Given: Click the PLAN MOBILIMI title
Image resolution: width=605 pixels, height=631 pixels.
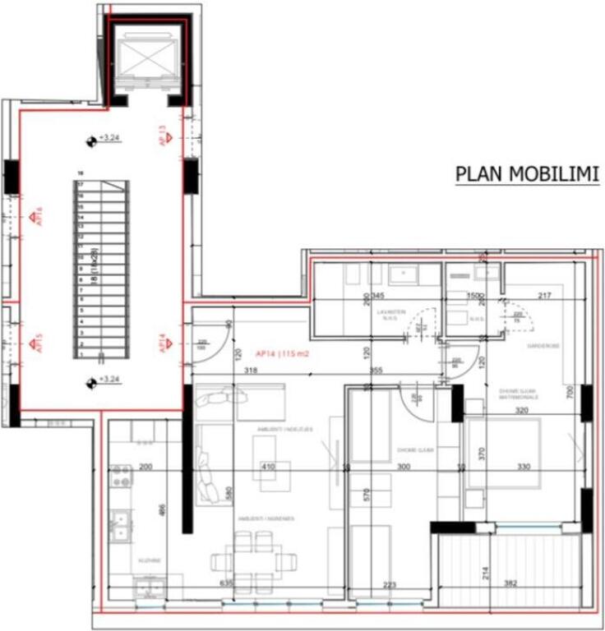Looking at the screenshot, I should pyautogui.click(x=527, y=174).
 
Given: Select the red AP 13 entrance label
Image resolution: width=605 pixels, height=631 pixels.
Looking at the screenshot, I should pyautogui.click(x=164, y=136).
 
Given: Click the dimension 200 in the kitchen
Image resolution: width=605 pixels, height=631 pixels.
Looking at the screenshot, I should pyautogui.click(x=146, y=466).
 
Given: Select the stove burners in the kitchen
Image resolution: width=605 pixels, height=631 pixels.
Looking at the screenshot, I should pyautogui.click(x=121, y=476).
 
